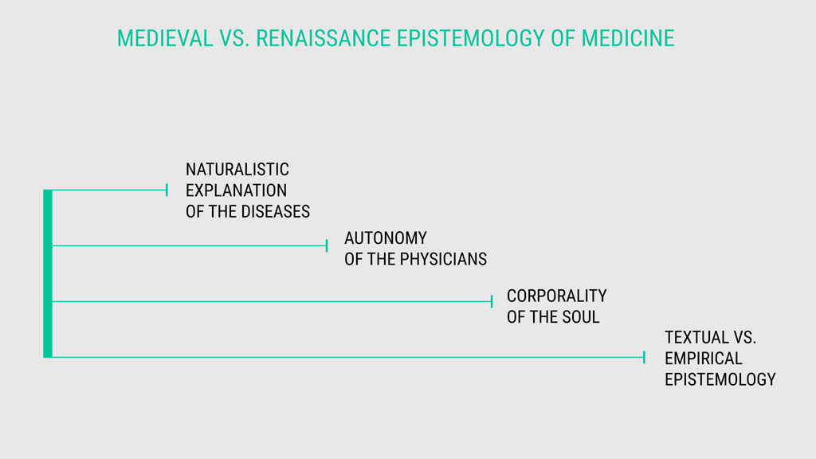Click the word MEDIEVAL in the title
pos(165,38)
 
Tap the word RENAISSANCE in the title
pos(324,38)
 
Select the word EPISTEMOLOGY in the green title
pos(470,38)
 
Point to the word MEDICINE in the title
pos(628,38)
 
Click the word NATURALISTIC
pos(237,170)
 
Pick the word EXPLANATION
pos(236,190)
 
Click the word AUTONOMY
pos(386,238)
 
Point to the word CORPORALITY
pos(557,296)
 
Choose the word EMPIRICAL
pos(704,359)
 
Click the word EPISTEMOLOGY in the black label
pos(720,380)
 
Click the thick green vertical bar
pos(48,274)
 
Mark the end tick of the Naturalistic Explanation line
pos(167,190)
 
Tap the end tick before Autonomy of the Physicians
pos(327,245)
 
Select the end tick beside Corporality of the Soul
pos(492,301)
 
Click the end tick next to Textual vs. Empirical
pos(644,357)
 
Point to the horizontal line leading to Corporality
pos(272,301)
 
